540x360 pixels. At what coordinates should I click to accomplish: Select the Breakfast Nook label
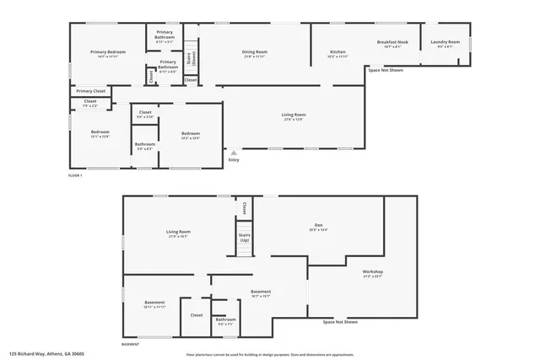pyautogui.click(x=392, y=44)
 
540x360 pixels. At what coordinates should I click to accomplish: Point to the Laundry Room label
pyautogui.click(x=445, y=44)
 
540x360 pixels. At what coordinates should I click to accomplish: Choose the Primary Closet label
pyautogui.click(x=90, y=91)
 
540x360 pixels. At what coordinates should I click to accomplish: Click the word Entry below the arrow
pyautogui.click(x=234, y=160)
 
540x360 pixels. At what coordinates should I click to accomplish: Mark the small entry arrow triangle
pyautogui.click(x=234, y=153)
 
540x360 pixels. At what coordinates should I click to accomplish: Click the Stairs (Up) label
pyautogui.click(x=245, y=238)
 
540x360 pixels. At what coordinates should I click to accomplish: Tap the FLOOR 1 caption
pyautogui.click(x=76, y=175)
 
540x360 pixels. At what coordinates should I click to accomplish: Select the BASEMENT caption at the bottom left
pyautogui.click(x=131, y=344)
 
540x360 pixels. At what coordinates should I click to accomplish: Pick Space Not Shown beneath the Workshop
pyautogui.click(x=340, y=322)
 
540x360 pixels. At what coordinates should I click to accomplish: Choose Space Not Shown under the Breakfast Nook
pyautogui.click(x=386, y=70)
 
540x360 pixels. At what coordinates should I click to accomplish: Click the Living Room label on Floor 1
pyautogui.click(x=293, y=116)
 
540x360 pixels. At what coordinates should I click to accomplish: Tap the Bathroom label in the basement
pyautogui.click(x=225, y=320)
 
